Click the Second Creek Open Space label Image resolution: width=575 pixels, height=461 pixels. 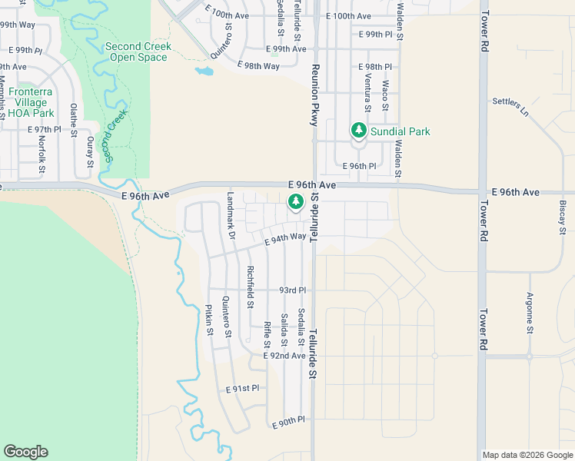[x=138, y=51]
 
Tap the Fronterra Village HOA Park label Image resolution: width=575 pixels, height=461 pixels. [x=30, y=102]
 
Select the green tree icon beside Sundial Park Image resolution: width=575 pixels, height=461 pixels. [x=358, y=131]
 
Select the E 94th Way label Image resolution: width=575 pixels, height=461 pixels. [x=285, y=240]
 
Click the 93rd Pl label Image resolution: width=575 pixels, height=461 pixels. [x=292, y=290]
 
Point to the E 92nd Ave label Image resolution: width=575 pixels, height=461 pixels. [x=284, y=356]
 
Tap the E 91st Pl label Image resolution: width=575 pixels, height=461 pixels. [x=243, y=390]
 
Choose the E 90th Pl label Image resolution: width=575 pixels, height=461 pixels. [x=289, y=421]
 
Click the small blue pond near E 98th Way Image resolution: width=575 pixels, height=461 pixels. [x=204, y=71]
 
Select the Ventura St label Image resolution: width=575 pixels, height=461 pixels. [x=367, y=98]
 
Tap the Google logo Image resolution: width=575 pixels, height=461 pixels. [x=25, y=452]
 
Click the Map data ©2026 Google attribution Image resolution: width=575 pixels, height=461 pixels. [x=527, y=455]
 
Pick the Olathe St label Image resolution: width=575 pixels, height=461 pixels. [x=74, y=120]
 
